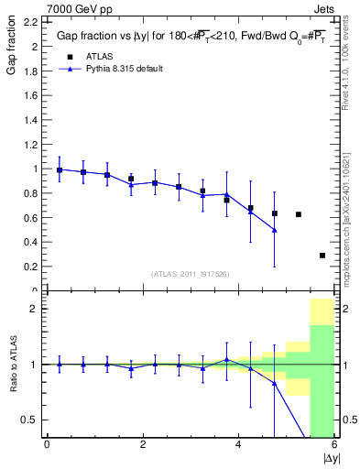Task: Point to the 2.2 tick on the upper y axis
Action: click(30, 22)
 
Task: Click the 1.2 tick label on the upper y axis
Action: click(30, 145)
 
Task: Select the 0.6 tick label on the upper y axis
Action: click(30, 218)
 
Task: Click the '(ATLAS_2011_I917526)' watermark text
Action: click(190, 274)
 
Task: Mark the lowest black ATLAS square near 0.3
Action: click(322, 256)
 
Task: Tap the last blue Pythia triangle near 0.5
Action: click(274, 230)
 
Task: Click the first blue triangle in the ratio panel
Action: click(60, 364)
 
